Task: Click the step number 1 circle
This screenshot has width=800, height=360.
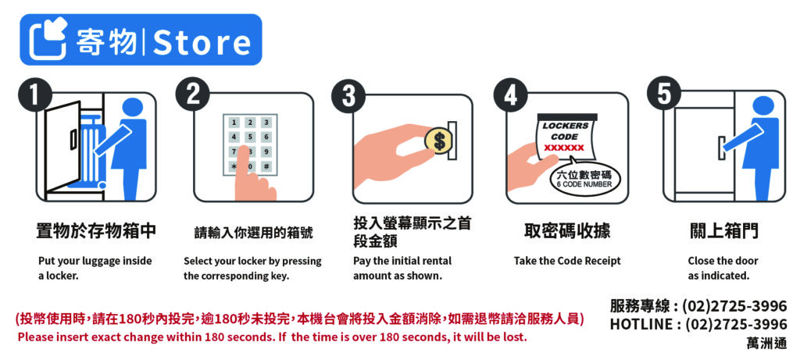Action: (34, 94)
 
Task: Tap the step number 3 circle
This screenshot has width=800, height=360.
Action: (349, 96)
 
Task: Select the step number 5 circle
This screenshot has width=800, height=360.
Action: (664, 94)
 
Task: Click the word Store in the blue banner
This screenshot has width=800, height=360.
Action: (202, 42)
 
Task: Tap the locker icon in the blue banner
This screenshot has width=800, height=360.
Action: (48, 39)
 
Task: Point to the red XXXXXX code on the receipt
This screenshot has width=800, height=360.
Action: (564, 148)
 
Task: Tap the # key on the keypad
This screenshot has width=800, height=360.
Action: (266, 167)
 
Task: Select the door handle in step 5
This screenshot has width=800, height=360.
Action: (722, 148)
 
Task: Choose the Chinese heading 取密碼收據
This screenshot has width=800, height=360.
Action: (567, 232)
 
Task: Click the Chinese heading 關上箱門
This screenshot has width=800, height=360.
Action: (724, 232)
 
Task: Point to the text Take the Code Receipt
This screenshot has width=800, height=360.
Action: (567, 261)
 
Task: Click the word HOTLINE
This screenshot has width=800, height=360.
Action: (641, 324)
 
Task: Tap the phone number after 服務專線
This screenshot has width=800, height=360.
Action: (734, 306)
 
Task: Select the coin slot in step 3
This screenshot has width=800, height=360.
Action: (452, 141)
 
